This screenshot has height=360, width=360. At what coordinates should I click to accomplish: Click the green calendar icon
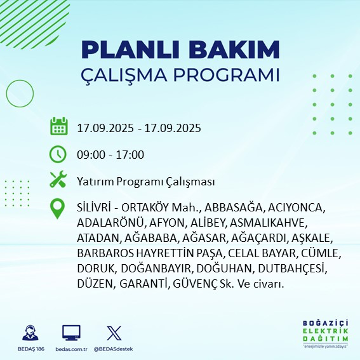click(58, 127)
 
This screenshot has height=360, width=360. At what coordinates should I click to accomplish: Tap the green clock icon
click(58, 154)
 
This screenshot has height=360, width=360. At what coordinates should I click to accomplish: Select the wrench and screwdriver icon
click(58, 180)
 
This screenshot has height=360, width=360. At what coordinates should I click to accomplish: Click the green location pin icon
click(58, 209)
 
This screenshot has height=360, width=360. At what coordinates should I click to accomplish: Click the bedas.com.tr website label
click(71, 349)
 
